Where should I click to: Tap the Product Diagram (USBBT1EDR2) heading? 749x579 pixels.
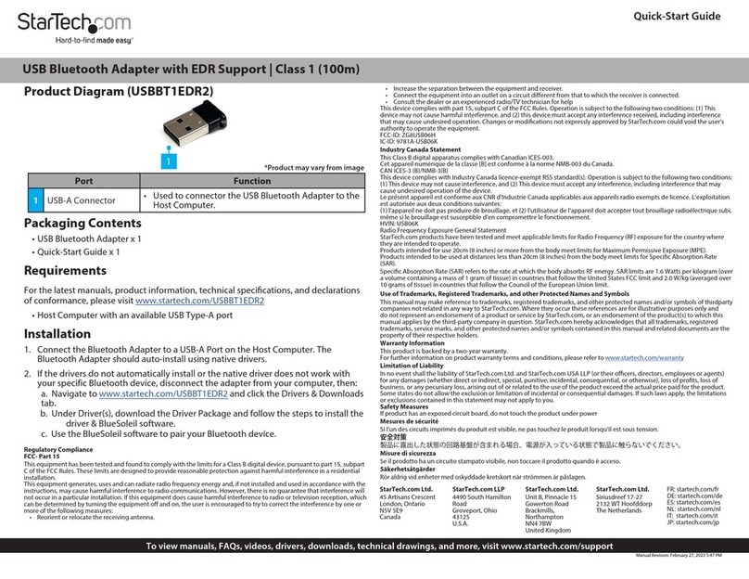pyautogui.click(x=118, y=92)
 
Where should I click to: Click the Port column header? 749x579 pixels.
pyautogui.click(x=83, y=181)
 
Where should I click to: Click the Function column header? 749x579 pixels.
pyautogui.click(x=252, y=181)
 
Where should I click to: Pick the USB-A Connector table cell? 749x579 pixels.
pyautogui.click(x=82, y=200)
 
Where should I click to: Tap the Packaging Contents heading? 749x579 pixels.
pyautogui.click(x=83, y=224)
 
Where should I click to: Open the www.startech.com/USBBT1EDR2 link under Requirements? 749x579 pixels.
pyautogui.click(x=199, y=301)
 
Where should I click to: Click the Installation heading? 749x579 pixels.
pyautogui.click(x=57, y=334)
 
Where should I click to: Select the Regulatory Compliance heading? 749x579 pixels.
pyautogui.click(x=57, y=448)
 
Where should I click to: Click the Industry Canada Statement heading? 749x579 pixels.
pyautogui.click(x=420, y=149)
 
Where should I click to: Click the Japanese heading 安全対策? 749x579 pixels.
pyautogui.click(x=394, y=436)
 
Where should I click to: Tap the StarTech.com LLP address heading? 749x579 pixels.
pyautogui.click(x=477, y=488)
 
